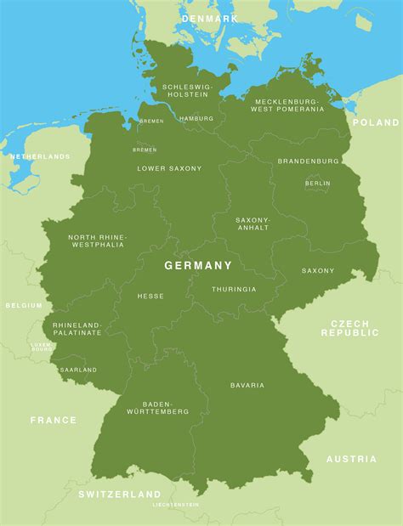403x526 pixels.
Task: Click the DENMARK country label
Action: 209,18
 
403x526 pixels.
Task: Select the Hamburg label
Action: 196,118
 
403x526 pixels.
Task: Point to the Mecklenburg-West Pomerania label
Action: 289,105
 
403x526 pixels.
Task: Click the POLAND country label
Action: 375,122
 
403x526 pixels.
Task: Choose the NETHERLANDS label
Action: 40,157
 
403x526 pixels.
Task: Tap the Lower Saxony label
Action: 170,168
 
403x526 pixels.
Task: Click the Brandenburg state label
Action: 308,161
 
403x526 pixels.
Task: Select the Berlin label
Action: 318,183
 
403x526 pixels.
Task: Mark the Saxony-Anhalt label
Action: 253,223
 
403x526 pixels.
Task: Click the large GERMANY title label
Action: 198,265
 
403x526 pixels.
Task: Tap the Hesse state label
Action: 150,296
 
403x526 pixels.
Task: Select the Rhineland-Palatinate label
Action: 77,329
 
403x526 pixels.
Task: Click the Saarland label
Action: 78,370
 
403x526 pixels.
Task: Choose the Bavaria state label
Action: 247,385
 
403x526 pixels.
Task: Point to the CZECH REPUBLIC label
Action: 349,328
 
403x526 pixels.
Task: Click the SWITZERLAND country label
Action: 120,494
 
